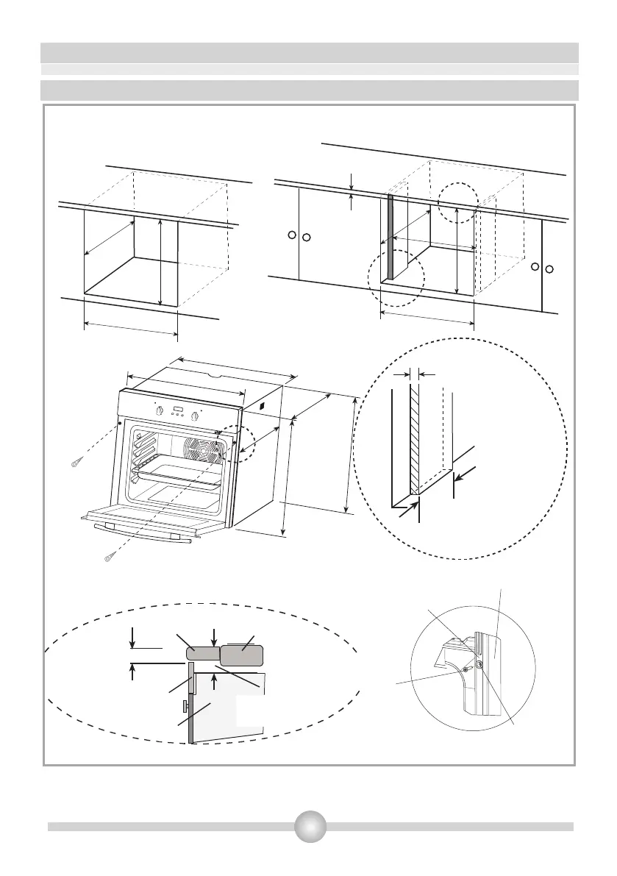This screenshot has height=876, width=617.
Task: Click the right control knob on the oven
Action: pyautogui.click(x=195, y=416)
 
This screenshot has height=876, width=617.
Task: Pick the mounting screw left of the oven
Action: pyautogui.click(x=77, y=463)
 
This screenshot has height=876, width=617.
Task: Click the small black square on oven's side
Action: pyautogui.click(x=260, y=404)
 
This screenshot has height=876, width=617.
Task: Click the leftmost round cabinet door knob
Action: pyautogui.click(x=292, y=235)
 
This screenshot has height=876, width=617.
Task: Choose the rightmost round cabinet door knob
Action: pyautogui.click(x=549, y=268)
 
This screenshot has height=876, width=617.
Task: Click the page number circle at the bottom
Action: pyautogui.click(x=310, y=826)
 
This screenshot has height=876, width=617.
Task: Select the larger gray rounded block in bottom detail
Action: pyautogui.click(x=241, y=653)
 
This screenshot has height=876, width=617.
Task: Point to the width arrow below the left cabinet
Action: pyautogui.click(x=131, y=329)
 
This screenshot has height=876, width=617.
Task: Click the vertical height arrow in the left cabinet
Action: pyautogui.click(x=160, y=261)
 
